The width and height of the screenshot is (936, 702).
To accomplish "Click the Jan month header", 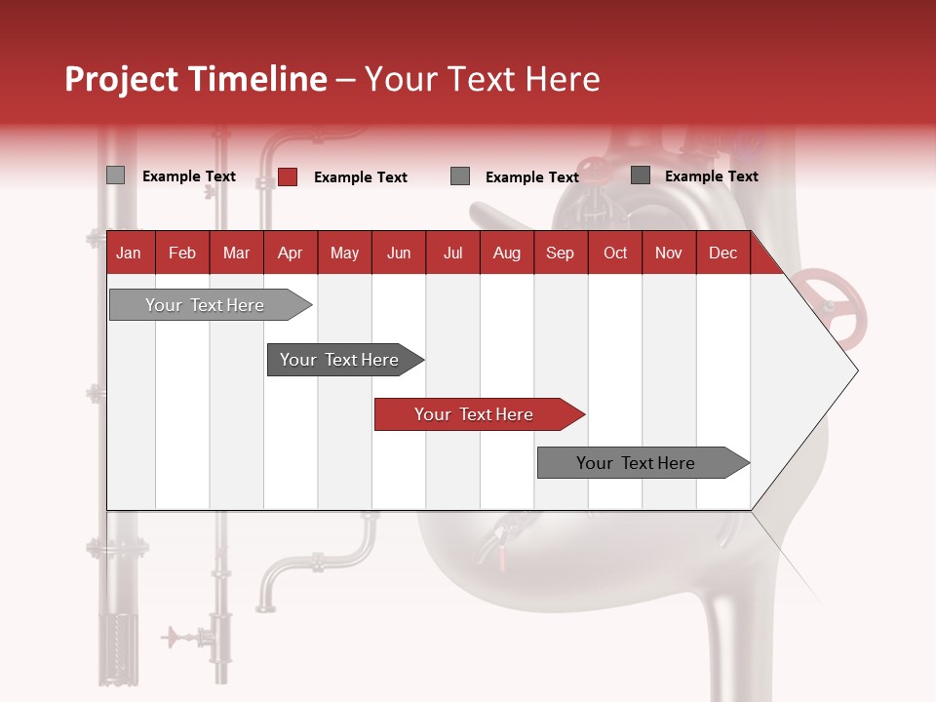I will coord(129,253).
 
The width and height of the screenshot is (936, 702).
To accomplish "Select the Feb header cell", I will coord(182,253).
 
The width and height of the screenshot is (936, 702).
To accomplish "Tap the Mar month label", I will coord(236,253).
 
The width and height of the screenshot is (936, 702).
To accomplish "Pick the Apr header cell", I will coord(291,253).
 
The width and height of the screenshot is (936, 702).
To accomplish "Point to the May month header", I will coord(344,253).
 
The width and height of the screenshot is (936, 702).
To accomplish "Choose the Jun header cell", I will coord(399,253).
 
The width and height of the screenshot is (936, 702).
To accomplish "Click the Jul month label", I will coord(452,253).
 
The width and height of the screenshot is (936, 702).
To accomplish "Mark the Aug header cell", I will coord(507,253).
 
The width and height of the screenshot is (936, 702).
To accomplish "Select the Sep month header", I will coord(561,253).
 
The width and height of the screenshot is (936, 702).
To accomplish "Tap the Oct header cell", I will coord(615,253).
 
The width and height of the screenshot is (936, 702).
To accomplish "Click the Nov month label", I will coord(669,253).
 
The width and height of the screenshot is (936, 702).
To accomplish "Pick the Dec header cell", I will coord(723,253).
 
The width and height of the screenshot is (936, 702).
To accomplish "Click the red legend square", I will coord(288,176).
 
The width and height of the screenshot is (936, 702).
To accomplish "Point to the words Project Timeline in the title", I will coord(196,79).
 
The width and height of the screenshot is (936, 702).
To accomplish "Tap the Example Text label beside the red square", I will coord(361,177).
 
